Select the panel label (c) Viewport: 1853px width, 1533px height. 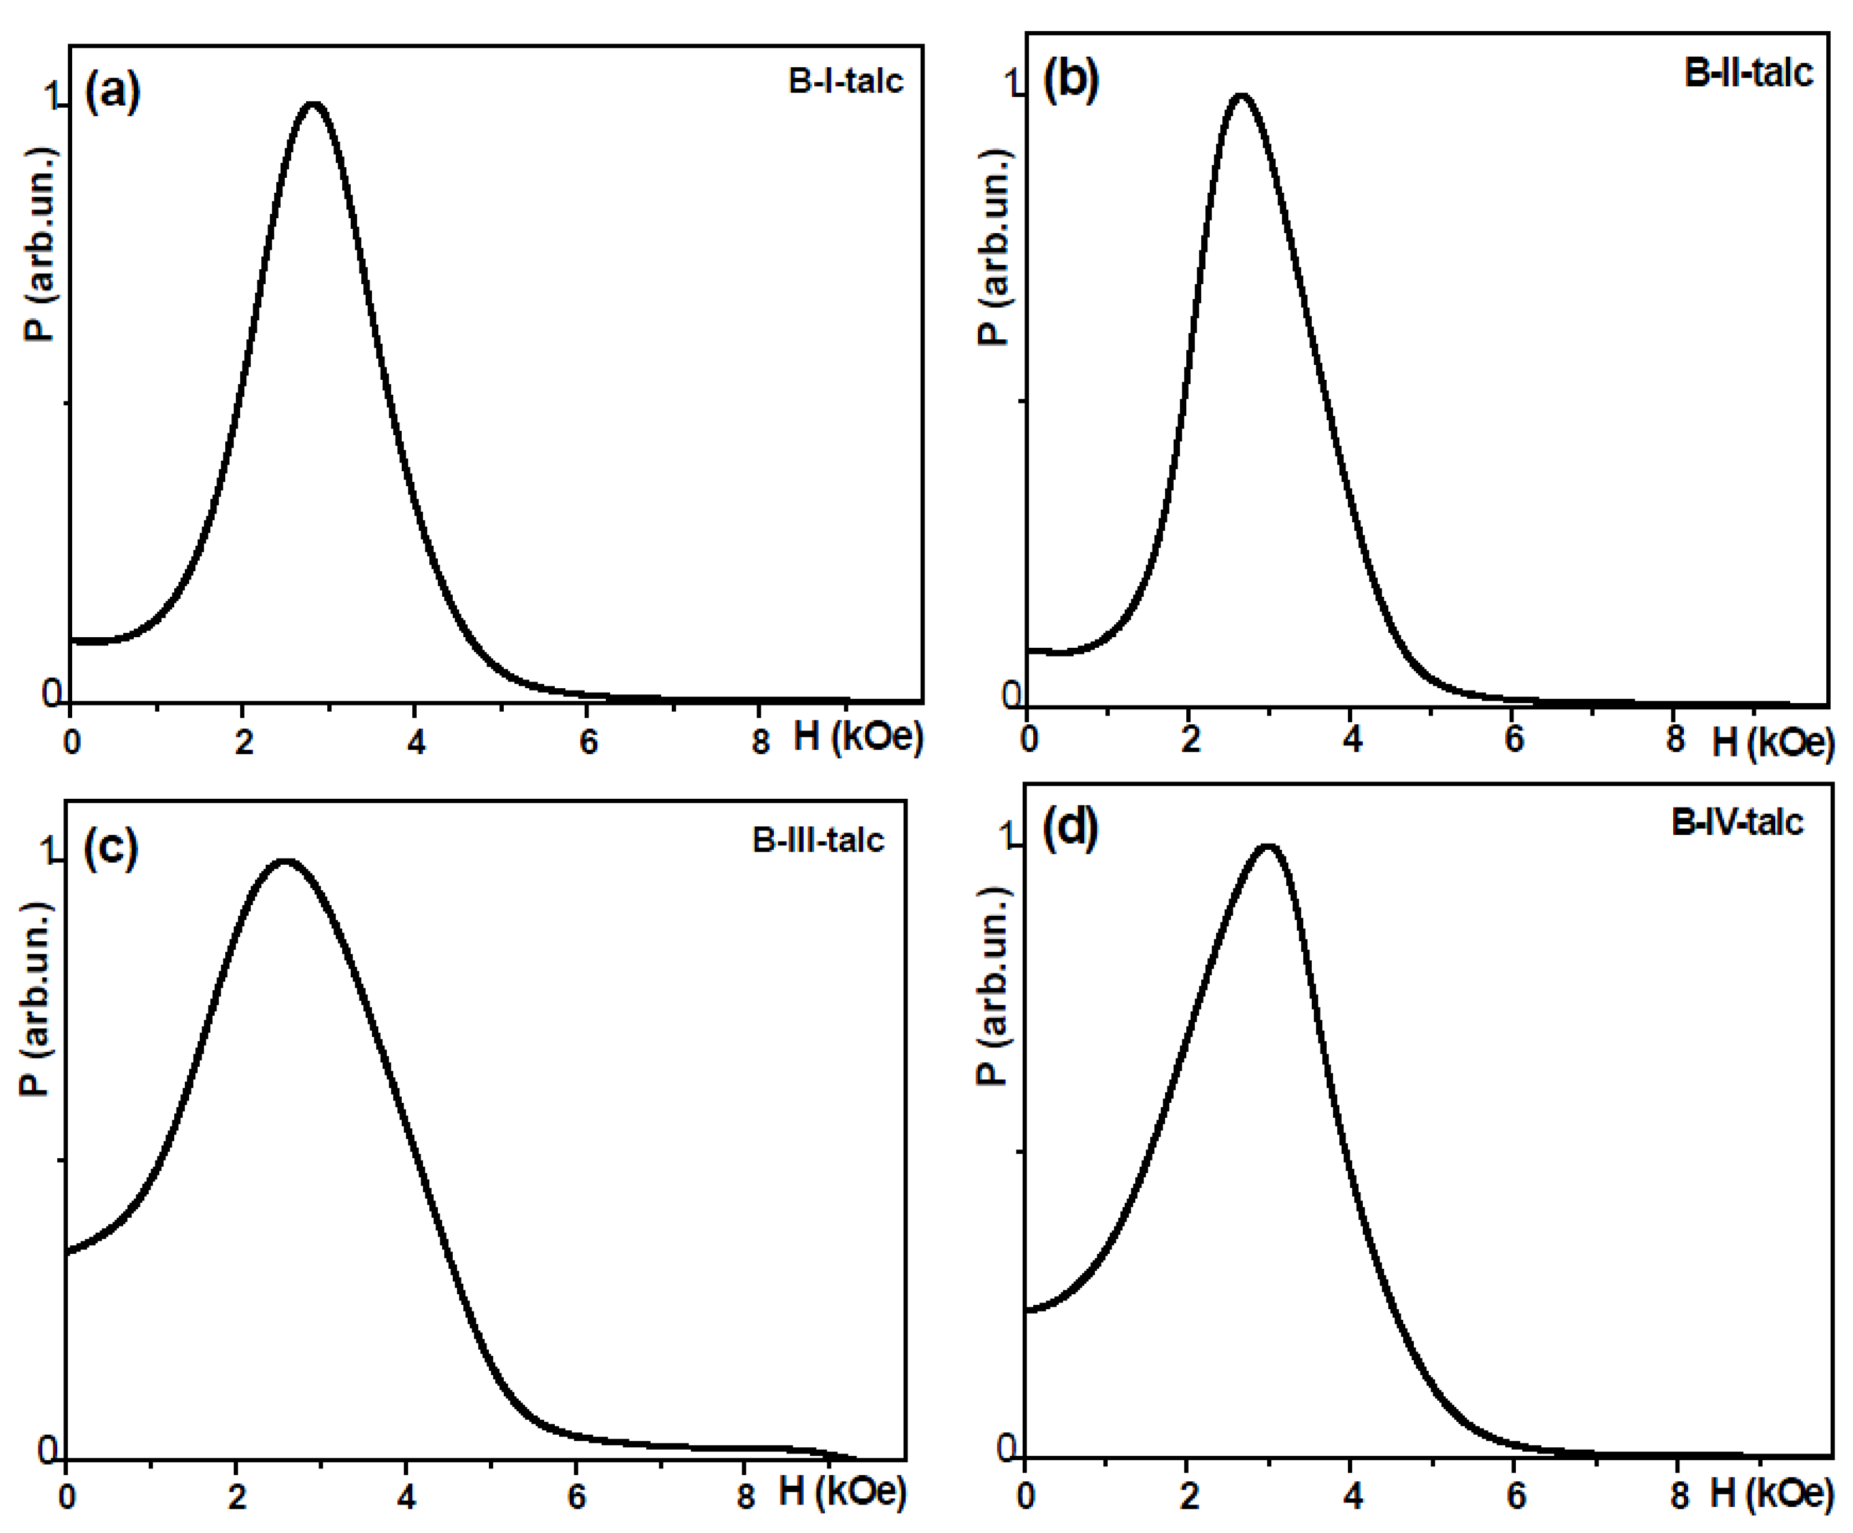110,848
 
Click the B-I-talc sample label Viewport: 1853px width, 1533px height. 845,81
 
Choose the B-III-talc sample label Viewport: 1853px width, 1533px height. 817,840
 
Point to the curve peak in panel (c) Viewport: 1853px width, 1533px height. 285,861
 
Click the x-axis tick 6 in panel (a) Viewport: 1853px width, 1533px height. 588,742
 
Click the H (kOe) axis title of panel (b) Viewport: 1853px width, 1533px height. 1772,743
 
